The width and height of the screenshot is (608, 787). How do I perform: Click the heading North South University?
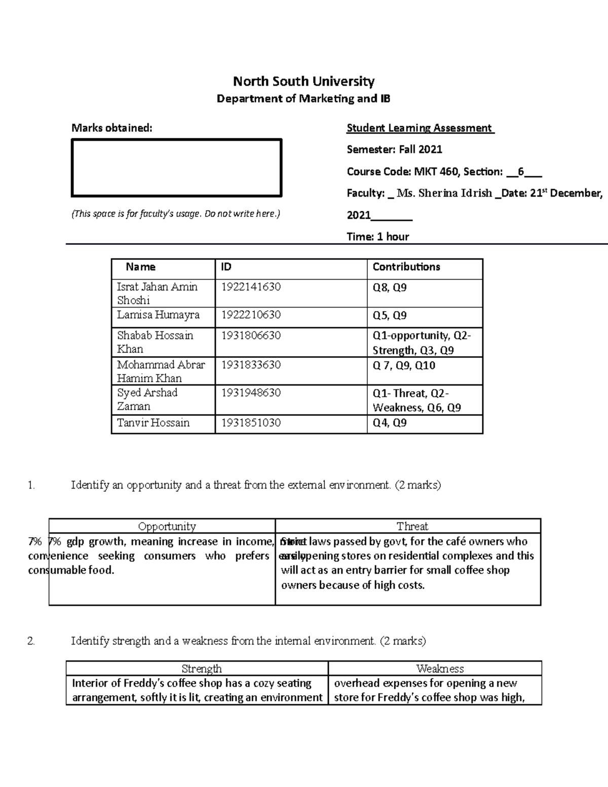(303, 81)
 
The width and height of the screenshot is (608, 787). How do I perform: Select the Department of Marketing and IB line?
(303, 98)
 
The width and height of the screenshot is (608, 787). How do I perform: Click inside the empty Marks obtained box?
(176, 168)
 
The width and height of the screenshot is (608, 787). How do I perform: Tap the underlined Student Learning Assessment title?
(420, 128)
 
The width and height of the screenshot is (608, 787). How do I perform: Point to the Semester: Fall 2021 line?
(394, 149)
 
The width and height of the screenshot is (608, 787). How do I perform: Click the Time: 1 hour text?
(377, 236)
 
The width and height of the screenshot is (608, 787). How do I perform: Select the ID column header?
(226, 267)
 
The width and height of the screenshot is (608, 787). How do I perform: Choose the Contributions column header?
(406, 267)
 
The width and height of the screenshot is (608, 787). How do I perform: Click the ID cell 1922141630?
(251, 287)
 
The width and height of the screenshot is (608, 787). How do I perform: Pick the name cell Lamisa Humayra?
(158, 315)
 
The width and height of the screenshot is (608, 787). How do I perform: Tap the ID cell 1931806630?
(251, 335)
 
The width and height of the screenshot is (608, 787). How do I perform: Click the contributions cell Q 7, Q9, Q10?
(404, 365)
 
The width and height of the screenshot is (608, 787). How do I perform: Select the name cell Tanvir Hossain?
(153, 423)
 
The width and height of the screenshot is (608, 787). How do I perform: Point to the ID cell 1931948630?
(251, 393)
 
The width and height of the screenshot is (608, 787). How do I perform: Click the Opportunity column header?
(167, 526)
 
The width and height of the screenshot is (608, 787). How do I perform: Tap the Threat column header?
(412, 526)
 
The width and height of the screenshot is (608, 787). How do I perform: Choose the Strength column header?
(201, 668)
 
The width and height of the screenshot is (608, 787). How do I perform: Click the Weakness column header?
(440, 668)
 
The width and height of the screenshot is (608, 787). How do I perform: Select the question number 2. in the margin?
(31, 641)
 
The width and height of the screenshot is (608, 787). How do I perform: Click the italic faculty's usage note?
(175, 214)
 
